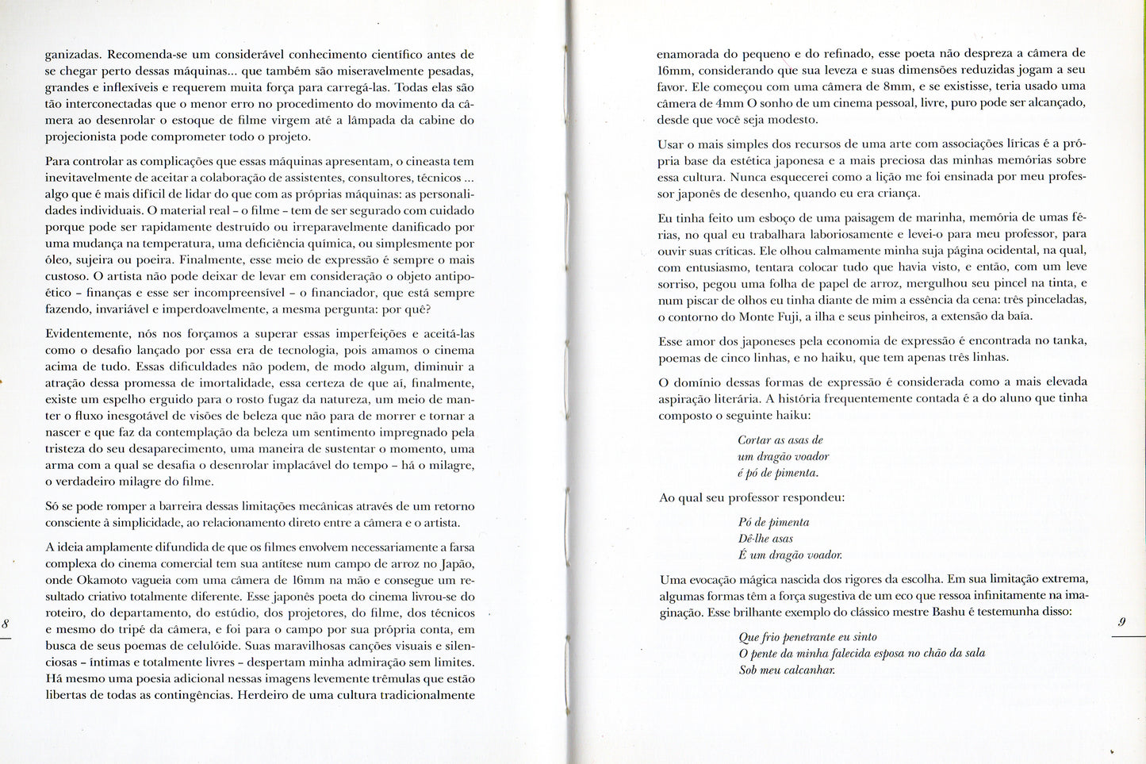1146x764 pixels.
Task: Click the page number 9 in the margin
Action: coord(1122,623)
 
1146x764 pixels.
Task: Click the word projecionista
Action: coord(82,136)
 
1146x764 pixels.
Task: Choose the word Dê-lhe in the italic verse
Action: coord(753,539)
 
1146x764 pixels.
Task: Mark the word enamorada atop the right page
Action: coord(687,54)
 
